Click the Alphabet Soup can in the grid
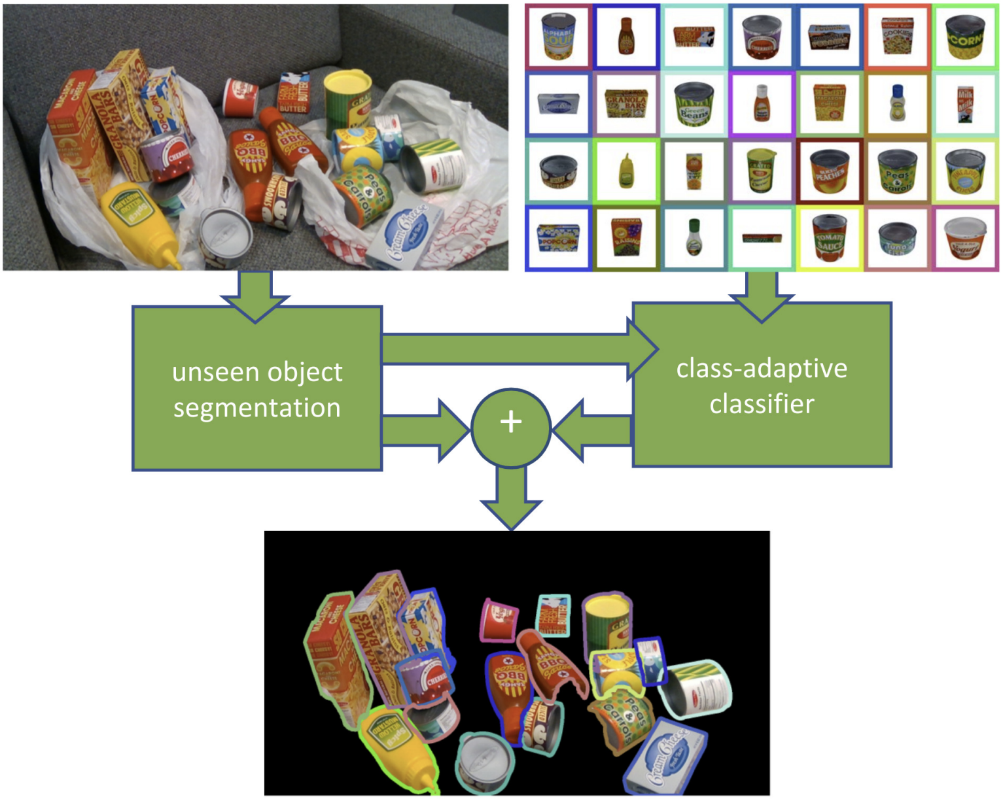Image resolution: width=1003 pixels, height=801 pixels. click(x=558, y=37)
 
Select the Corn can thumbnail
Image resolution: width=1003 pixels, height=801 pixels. click(x=965, y=37)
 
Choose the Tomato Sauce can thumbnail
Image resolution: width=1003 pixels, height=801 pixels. click(x=829, y=239)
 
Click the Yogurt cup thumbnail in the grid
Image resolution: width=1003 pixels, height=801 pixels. click(x=965, y=239)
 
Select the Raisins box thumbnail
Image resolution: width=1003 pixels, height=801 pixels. click(x=626, y=239)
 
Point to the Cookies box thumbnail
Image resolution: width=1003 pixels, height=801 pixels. click(x=897, y=37)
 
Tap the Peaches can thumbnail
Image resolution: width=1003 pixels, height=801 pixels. click(x=829, y=171)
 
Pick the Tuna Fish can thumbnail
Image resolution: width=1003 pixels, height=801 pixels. click(x=897, y=239)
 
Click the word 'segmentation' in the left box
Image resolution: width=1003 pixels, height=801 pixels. click(x=257, y=408)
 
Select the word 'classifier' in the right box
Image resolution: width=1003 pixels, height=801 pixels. click(x=762, y=404)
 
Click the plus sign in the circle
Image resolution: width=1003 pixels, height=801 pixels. click(x=511, y=422)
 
